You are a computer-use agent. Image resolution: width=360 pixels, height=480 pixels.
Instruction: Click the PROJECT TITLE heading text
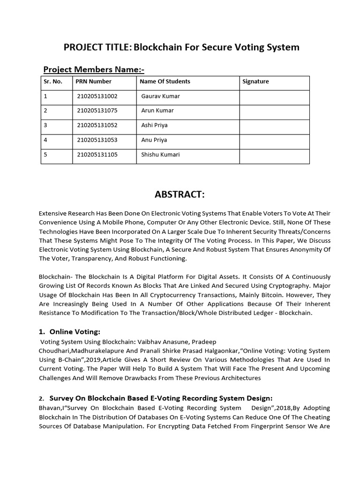(181, 47)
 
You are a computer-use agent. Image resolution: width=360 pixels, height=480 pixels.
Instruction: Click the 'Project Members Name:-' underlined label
(94, 70)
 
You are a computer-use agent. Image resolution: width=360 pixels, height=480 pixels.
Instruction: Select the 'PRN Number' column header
(93, 82)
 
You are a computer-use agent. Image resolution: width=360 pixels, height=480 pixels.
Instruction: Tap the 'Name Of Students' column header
(165, 82)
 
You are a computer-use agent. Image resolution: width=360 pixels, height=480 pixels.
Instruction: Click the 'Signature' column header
(255, 82)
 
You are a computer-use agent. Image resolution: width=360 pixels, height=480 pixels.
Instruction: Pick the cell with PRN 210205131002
(97, 96)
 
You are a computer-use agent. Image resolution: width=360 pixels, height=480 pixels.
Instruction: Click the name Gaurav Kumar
(160, 96)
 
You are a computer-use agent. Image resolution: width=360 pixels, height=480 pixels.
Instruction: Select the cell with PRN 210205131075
(97, 111)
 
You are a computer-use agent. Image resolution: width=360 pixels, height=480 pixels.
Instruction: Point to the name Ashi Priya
(154, 125)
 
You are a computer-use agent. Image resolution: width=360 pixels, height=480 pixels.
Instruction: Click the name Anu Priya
(154, 140)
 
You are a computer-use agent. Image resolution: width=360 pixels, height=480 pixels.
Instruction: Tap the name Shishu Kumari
(160, 155)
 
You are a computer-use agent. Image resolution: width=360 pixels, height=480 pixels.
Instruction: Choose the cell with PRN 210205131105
(97, 155)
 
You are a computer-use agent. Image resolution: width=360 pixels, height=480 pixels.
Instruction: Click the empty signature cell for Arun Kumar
(274, 112)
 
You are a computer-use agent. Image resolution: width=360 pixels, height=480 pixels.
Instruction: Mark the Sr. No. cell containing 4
(45, 140)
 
